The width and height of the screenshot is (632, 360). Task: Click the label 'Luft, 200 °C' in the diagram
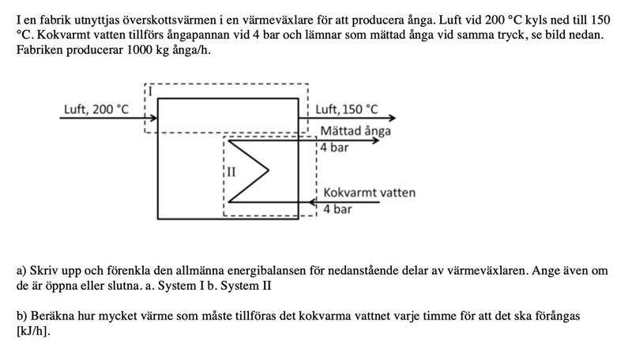[95, 110]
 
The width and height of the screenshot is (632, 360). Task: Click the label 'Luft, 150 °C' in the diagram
[347, 110]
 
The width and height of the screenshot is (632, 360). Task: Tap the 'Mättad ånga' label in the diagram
[355, 130]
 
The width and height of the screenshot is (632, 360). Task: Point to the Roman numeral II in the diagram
[231, 171]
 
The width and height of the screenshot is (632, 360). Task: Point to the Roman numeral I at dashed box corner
[150, 92]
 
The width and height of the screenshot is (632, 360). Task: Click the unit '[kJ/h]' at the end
[33, 332]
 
